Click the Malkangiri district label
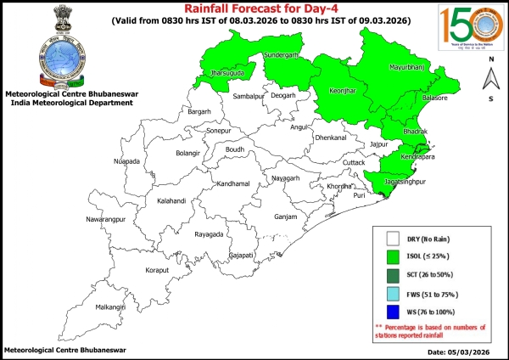(109, 307)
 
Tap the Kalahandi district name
(151, 201)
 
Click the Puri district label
(359, 195)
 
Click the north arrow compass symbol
(490, 78)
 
